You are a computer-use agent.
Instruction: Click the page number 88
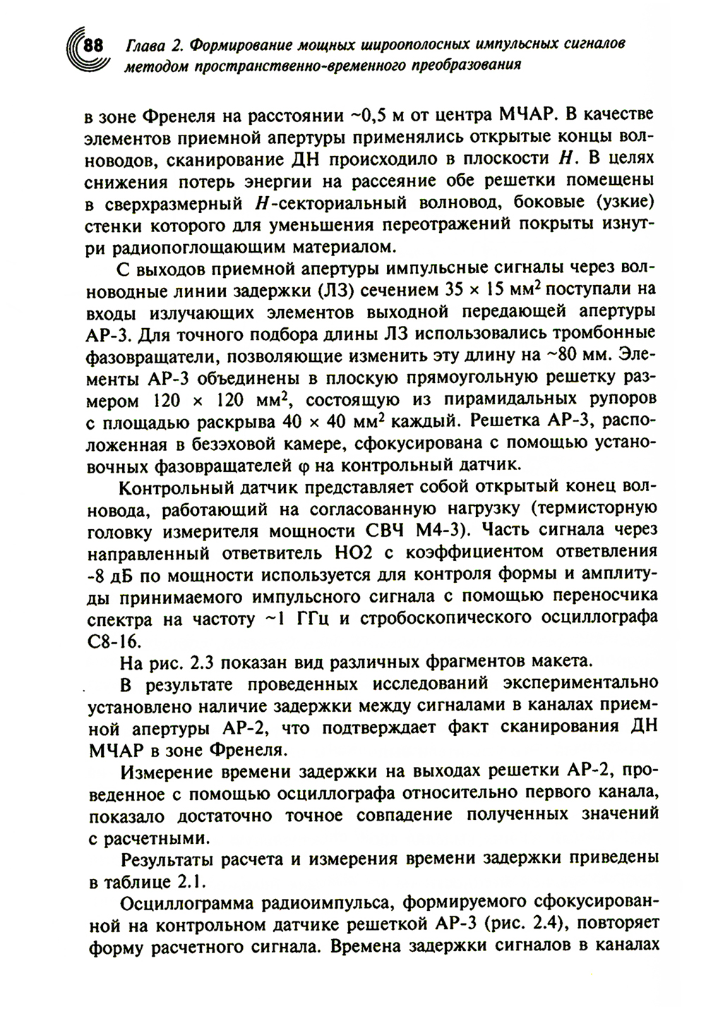click(93, 47)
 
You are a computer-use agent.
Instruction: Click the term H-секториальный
click(303, 203)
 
